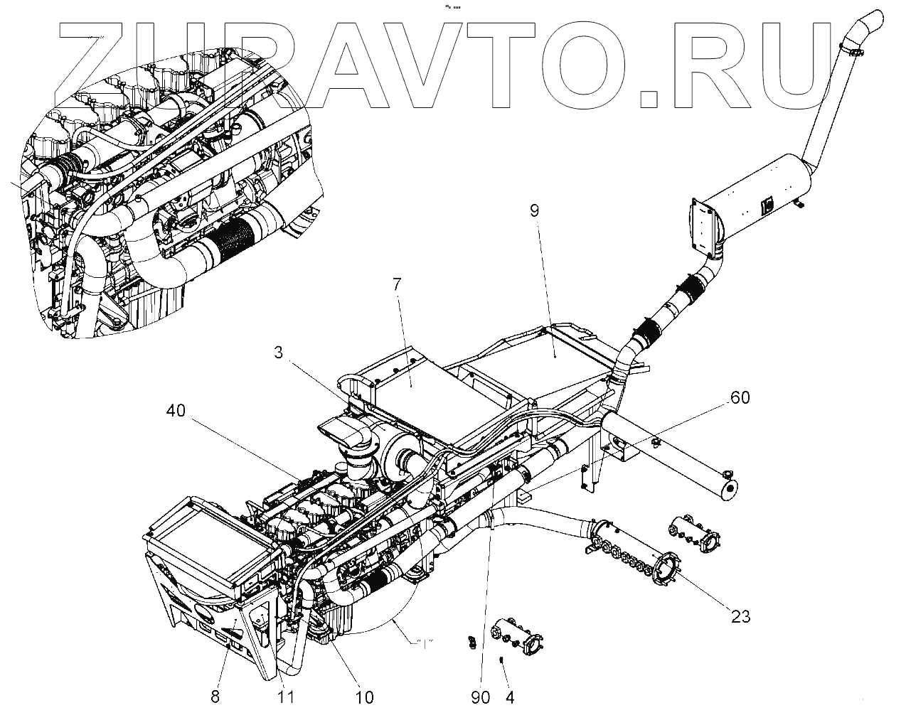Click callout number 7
397,286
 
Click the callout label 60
740,398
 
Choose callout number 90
481,697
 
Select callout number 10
363,697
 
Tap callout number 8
215,697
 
